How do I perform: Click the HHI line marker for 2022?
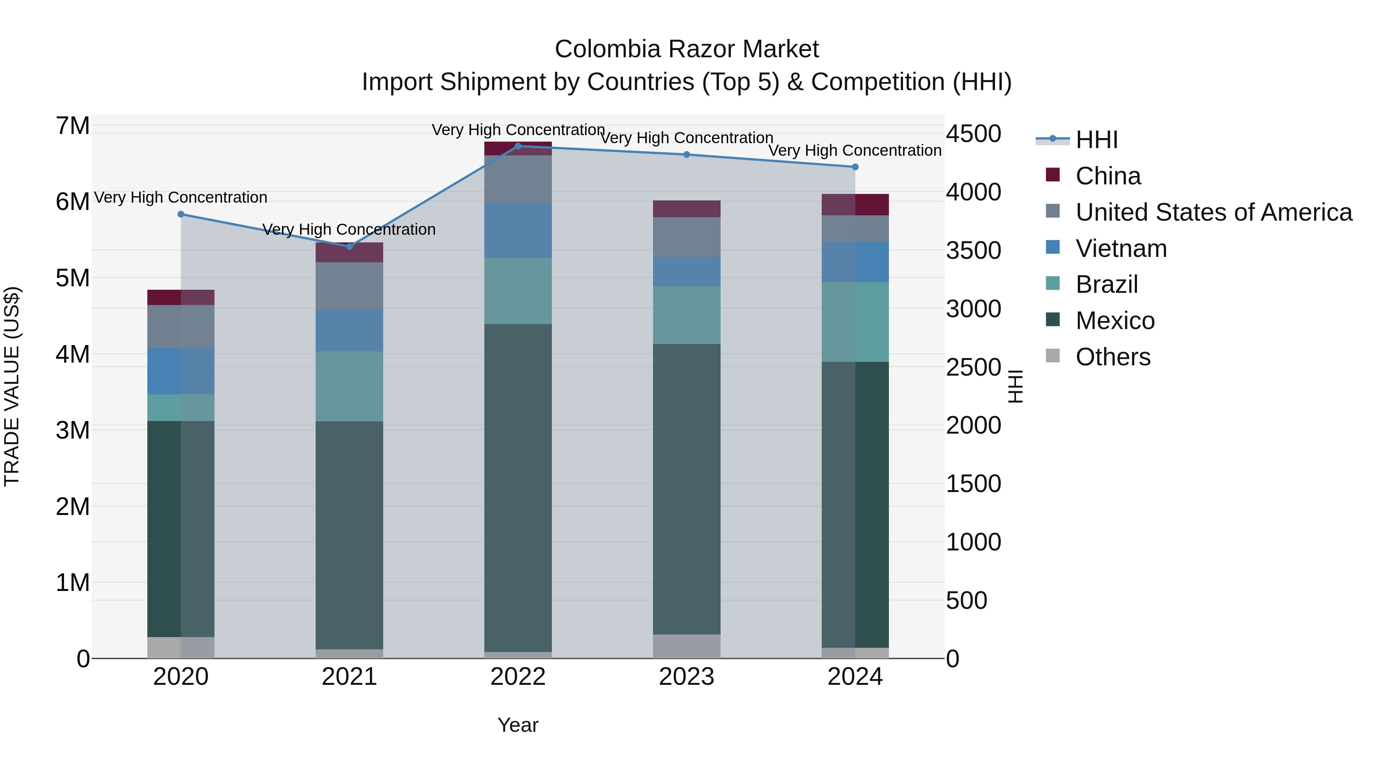click(518, 146)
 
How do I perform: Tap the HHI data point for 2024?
click(855, 167)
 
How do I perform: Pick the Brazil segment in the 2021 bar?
click(349, 386)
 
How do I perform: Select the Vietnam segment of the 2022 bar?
click(518, 231)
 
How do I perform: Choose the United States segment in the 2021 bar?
click(349, 286)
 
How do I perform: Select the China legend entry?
click(1108, 176)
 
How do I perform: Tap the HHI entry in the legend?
click(1096, 140)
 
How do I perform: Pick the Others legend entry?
click(1113, 357)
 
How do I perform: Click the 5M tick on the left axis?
click(73, 278)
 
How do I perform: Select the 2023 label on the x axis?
click(687, 677)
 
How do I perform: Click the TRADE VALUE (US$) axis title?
click(12, 386)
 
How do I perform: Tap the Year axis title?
click(518, 725)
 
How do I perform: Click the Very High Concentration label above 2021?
click(349, 229)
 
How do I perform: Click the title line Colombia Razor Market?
click(687, 49)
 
